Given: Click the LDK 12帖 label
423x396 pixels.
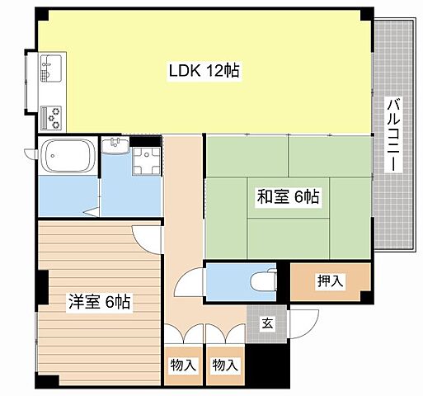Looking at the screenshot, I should pyautogui.click(x=204, y=71).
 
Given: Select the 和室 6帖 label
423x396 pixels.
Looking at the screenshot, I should pyautogui.click(x=289, y=196).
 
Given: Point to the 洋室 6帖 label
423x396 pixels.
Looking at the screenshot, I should pyautogui.click(x=99, y=301).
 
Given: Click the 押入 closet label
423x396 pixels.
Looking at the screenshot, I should pyautogui.click(x=331, y=281).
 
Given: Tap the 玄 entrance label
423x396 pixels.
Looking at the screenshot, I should pyautogui.click(x=269, y=323).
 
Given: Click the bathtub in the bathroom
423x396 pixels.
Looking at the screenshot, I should pyautogui.click(x=68, y=153).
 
